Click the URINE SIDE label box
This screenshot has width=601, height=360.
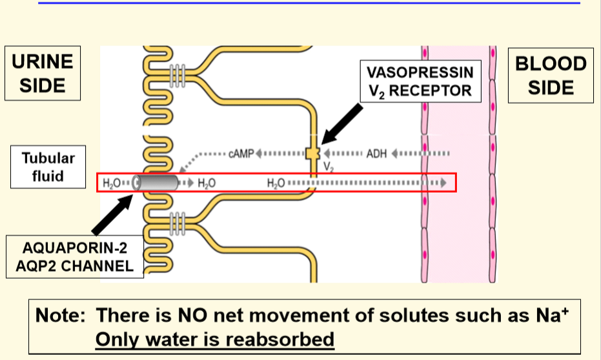tap(43, 73)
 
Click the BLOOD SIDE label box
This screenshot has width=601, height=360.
tap(551, 75)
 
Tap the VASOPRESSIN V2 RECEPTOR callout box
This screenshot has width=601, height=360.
tap(420, 81)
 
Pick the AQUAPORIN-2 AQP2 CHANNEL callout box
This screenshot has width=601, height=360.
tap(75, 256)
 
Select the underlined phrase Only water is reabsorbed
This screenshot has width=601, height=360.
tap(214, 338)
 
